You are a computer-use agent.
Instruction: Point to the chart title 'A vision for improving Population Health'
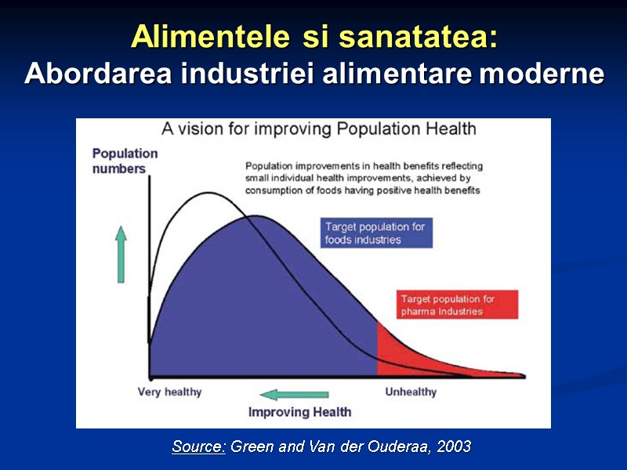click(x=319, y=128)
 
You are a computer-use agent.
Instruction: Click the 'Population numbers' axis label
click(x=125, y=161)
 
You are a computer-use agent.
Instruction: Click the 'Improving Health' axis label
click(x=300, y=412)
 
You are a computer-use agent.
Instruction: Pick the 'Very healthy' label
click(x=170, y=392)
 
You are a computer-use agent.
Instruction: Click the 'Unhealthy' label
click(x=411, y=392)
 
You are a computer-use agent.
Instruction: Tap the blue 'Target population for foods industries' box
click(x=376, y=233)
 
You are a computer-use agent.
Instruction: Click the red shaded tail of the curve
click(x=408, y=352)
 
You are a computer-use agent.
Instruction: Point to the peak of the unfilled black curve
click(x=208, y=193)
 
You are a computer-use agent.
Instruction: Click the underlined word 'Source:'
click(x=199, y=446)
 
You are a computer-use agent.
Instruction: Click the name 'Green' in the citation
click(x=251, y=446)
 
